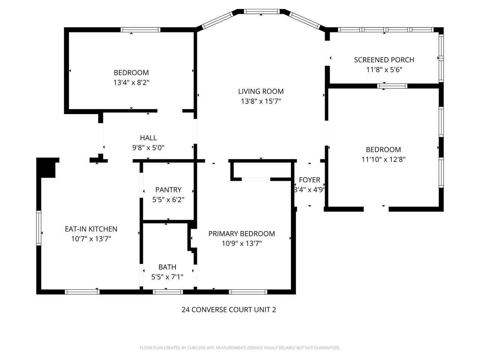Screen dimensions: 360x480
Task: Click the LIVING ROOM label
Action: [261, 91]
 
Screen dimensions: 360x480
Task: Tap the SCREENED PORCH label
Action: [384, 60]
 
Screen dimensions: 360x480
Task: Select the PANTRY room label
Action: [168, 190]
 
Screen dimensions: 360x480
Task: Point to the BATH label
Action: [167, 267]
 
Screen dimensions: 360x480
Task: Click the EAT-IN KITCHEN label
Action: [91, 229]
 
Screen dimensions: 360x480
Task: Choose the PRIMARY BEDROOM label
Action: [241, 234]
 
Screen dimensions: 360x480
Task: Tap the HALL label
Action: [148, 138]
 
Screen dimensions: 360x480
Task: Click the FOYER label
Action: [309, 180]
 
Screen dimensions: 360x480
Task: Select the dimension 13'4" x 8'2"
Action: [131, 82]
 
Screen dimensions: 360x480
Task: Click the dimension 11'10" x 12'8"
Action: [383, 159]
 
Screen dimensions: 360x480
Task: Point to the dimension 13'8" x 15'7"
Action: [261, 101]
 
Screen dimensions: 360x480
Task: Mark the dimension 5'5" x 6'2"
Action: [168, 199]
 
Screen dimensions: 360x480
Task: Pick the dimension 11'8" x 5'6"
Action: [384, 69]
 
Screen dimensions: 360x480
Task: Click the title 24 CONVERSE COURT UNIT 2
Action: [229, 310]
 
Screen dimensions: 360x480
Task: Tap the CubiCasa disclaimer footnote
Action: [240, 348]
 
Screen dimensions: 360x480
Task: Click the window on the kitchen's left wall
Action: [39, 228]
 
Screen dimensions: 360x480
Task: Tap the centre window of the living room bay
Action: [262, 12]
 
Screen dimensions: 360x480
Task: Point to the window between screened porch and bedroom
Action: [392, 86]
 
